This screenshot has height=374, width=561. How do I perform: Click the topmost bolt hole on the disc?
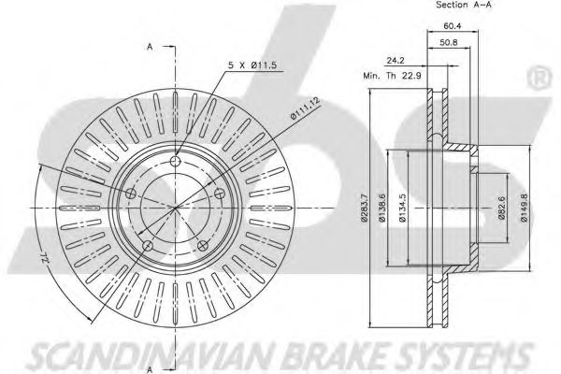[x=179, y=160]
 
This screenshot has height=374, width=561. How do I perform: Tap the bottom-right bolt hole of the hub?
[x=203, y=245]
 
